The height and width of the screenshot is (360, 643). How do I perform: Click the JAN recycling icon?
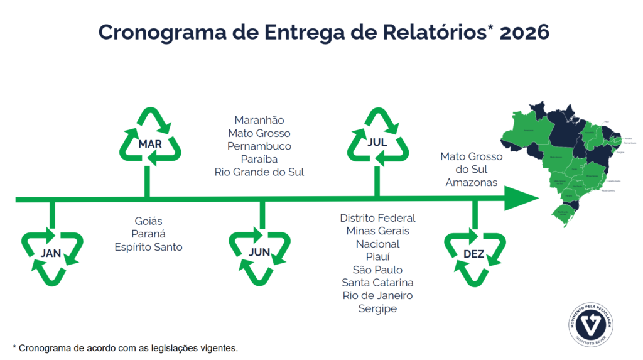pyautogui.click(x=51, y=254)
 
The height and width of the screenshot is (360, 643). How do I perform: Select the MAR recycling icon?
pyautogui.click(x=150, y=144)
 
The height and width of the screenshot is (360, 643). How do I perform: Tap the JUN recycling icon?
pyautogui.click(x=259, y=253)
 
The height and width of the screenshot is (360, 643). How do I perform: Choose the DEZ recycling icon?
pyautogui.click(x=474, y=254)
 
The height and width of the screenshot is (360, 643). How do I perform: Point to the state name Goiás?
pyautogui.click(x=148, y=221)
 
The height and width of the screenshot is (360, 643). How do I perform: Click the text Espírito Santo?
pyautogui.click(x=148, y=247)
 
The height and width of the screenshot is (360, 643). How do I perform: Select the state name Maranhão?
pyautogui.click(x=259, y=120)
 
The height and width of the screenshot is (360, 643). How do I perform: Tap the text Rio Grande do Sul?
pyautogui.click(x=259, y=172)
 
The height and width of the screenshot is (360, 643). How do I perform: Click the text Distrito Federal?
pyautogui.click(x=377, y=218)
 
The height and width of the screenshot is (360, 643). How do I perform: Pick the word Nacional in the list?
pyautogui.click(x=377, y=244)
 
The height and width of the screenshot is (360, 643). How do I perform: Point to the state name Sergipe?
pyautogui.click(x=377, y=308)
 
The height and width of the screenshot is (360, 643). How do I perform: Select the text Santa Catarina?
pyautogui.click(x=377, y=283)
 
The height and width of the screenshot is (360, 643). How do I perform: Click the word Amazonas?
pyautogui.click(x=472, y=182)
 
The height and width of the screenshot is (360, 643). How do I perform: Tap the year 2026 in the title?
pyautogui.click(x=524, y=31)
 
